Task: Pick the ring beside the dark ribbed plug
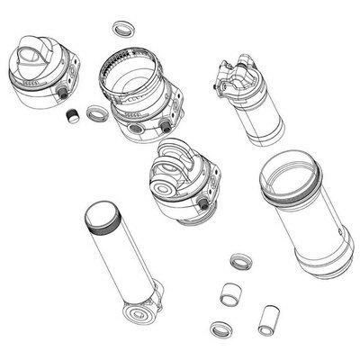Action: pyautogui.click(x=94, y=114)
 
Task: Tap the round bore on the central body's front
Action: pyautogui.click(x=167, y=192)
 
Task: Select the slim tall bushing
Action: pyautogui.click(x=266, y=319)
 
